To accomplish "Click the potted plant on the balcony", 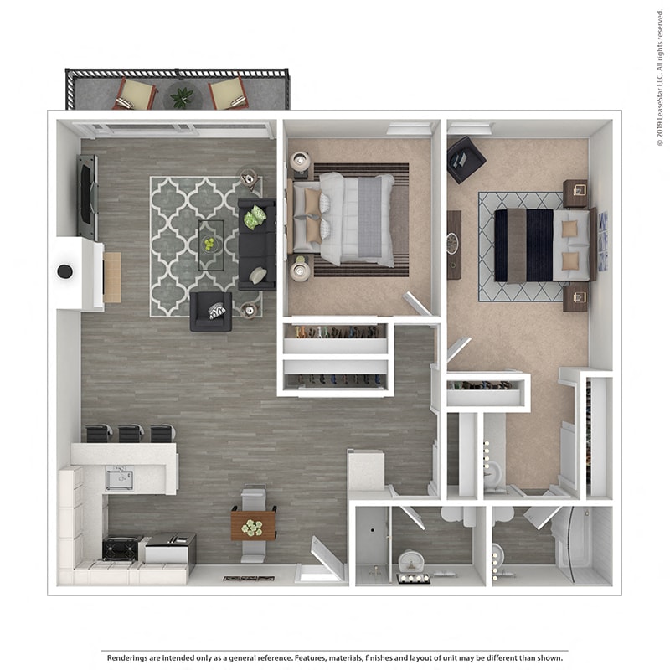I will click(x=182, y=97).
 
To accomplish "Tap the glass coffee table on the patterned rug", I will click(x=210, y=244).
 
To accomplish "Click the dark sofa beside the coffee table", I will click(x=256, y=244).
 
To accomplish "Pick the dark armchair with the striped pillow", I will click(x=211, y=311).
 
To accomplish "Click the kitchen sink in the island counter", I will click(x=119, y=478).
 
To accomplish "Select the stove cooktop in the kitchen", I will click(x=120, y=549).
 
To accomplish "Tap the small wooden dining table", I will click(x=253, y=525).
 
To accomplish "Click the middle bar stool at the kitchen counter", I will click(x=131, y=433).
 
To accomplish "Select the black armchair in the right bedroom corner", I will click(x=465, y=159).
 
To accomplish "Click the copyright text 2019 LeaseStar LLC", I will click(x=660, y=75).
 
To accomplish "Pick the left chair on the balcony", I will click(x=136, y=93).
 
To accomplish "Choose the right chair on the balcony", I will click(x=228, y=93).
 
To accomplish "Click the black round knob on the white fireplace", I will click(x=64, y=271).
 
